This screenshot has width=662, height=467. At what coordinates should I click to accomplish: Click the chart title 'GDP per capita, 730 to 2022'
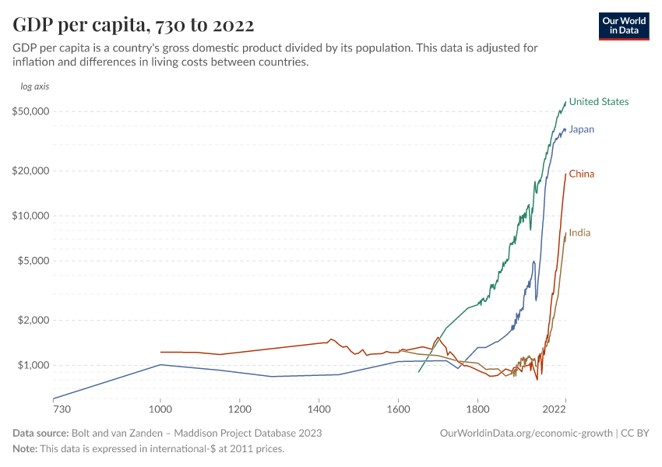133,25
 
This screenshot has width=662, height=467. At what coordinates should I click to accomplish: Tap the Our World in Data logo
624,26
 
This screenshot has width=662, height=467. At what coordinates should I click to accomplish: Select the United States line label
598,102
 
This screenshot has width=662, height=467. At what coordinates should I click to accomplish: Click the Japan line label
581,129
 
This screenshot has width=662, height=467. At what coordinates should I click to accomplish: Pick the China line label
581,174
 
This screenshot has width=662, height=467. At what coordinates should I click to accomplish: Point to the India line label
579,233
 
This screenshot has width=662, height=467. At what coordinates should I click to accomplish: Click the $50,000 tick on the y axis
32,111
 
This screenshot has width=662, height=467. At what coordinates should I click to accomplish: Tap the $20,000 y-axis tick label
32,170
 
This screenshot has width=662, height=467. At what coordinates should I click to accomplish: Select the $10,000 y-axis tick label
32,216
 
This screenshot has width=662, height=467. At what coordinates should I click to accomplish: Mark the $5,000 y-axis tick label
34,261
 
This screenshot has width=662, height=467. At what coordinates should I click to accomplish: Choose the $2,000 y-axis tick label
34,320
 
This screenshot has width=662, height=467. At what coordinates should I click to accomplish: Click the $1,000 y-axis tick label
34,365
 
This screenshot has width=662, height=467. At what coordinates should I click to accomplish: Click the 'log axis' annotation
35,86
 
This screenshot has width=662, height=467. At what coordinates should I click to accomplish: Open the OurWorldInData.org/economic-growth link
526,433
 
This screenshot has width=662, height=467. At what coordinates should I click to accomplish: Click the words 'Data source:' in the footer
40,433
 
